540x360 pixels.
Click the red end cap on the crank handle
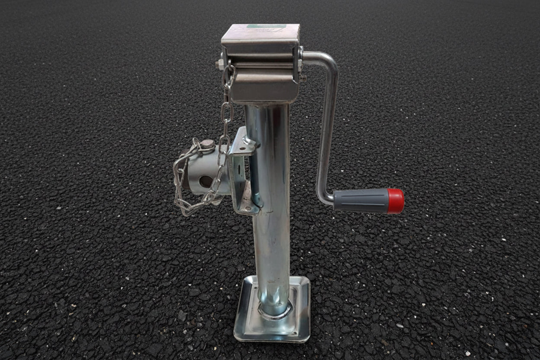point(395,201)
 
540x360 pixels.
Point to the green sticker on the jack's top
point(266,26)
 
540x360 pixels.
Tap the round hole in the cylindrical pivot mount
point(206,181)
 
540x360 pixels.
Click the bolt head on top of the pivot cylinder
point(208,144)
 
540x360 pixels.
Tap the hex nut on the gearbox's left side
point(219,64)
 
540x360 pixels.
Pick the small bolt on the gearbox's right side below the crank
point(302,78)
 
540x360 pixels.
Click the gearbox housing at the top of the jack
point(261,65)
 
